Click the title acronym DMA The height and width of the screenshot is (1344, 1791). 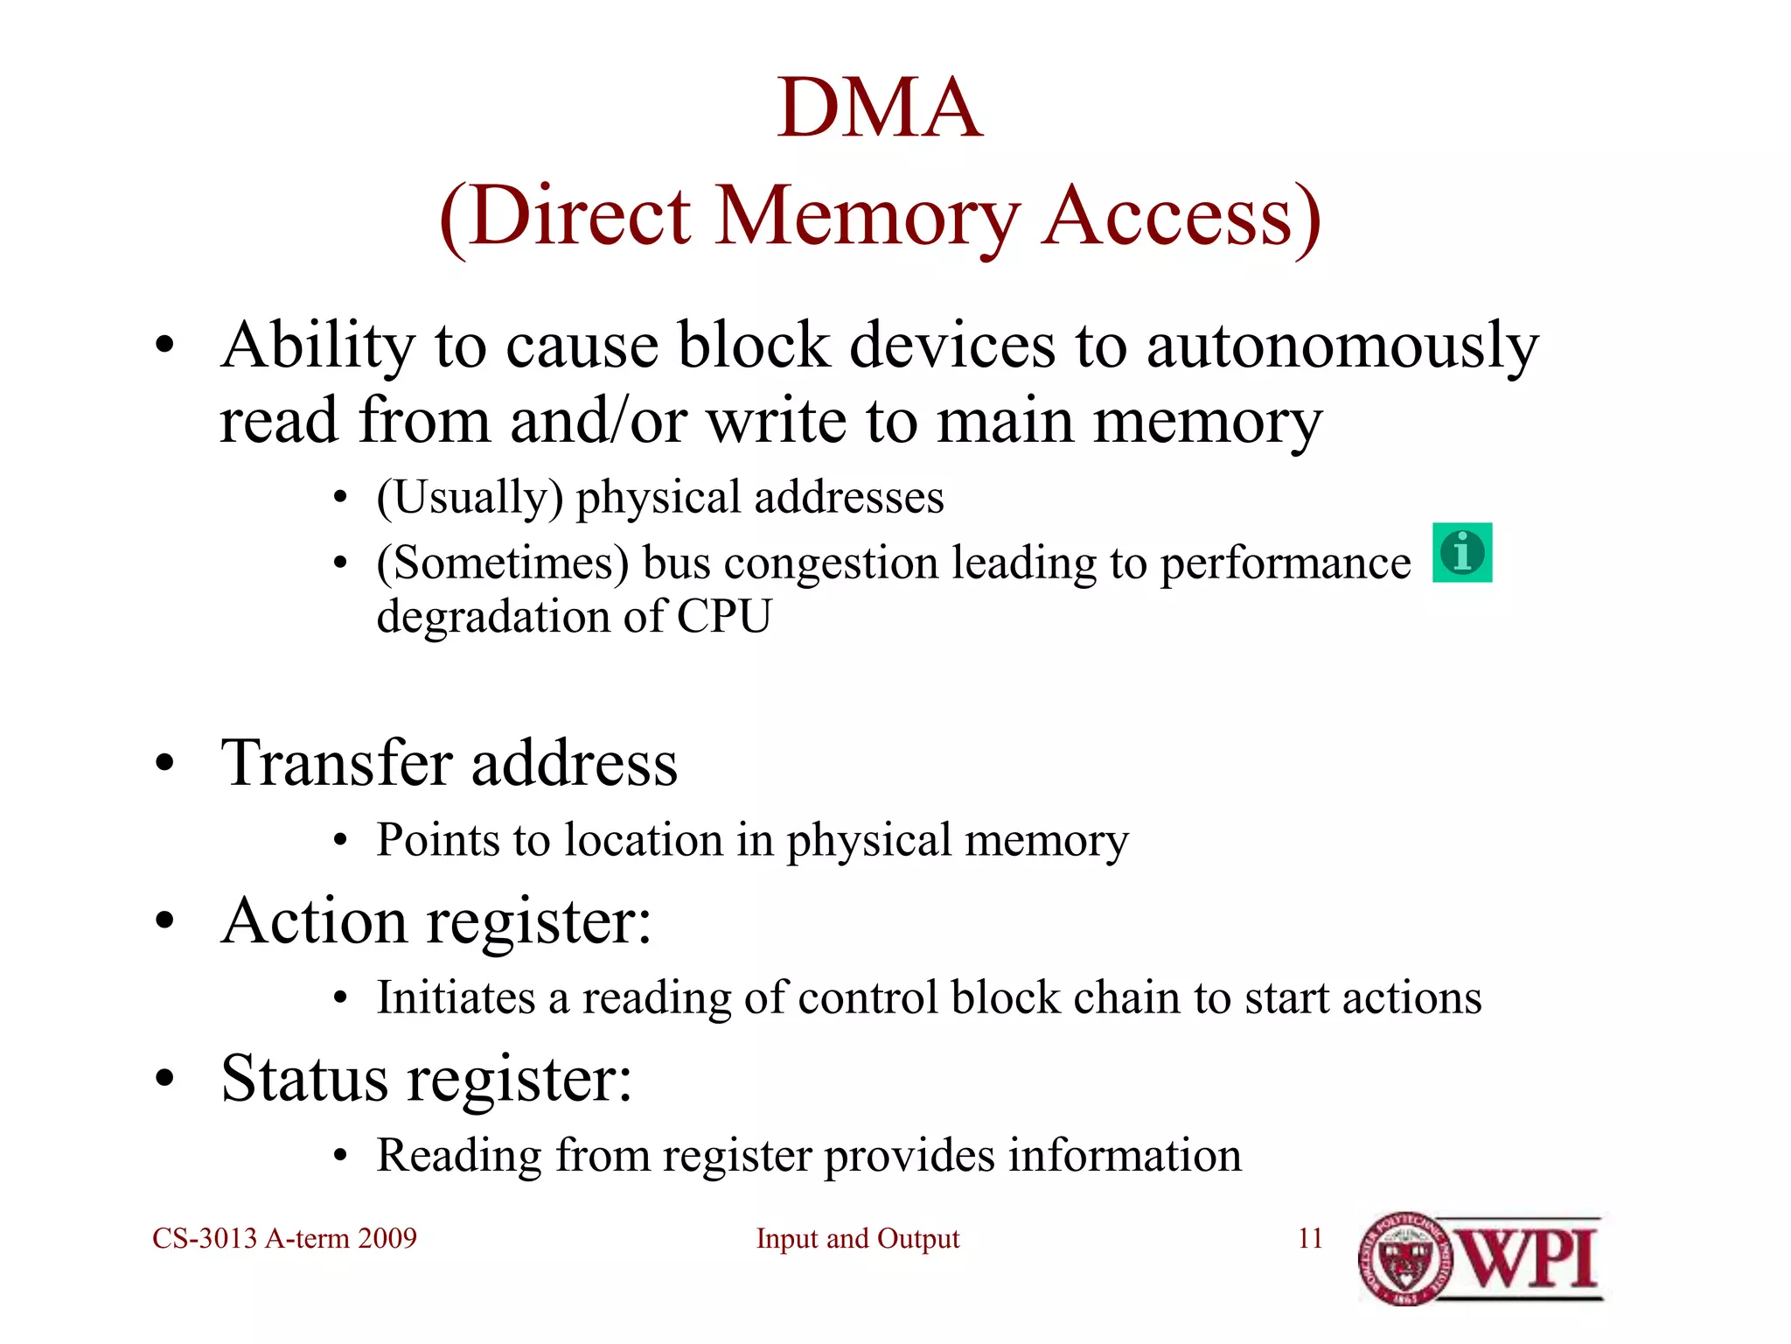tap(880, 108)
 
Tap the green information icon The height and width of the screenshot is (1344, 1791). tap(1461, 553)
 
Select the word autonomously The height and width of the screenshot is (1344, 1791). tap(1342, 346)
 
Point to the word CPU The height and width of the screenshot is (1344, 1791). tap(724, 616)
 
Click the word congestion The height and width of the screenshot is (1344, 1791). tap(831, 563)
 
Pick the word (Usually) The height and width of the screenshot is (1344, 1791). tap(470, 498)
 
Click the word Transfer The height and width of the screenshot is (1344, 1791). tap(337, 763)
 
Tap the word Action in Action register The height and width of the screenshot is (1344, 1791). tap(314, 921)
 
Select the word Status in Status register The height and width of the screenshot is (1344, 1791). tap(304, 1079)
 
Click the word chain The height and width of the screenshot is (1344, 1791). tap(1127, 998)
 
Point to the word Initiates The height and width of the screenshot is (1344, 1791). tap(456, 998)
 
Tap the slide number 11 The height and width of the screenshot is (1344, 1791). tap(1310, 1239)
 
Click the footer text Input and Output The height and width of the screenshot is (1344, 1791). tap(857, 1239)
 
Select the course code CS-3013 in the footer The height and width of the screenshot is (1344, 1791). tap(205, 1239)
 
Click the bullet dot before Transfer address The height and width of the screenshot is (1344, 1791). tap(164, 764)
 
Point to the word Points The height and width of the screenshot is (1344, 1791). tap(438, 841)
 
